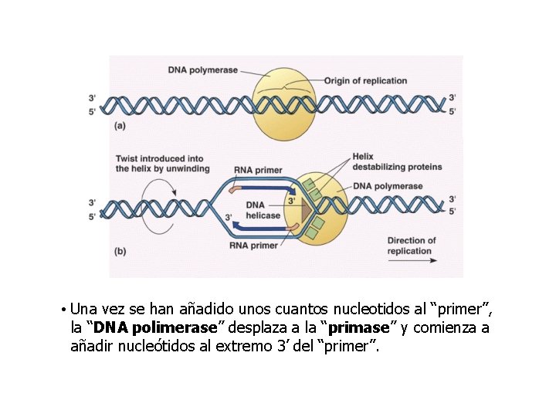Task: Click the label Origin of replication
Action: tap(365, 81)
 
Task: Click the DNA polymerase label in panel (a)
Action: tap(203, 70)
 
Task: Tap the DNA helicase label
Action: tap(263, 210)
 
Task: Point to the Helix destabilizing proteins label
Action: tap(397, 162)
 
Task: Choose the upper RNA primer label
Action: tap(258, 170)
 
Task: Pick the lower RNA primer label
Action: tap(253, 246)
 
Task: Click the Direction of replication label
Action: tap(412, 246)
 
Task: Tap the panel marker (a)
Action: tap(120, 124)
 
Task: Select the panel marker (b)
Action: tap(120, 250)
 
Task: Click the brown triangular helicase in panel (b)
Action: tap(307, 209)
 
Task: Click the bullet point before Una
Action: tap(61, 310)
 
